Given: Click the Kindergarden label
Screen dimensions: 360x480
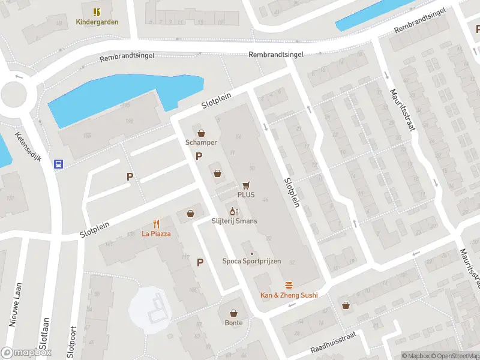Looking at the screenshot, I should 97,22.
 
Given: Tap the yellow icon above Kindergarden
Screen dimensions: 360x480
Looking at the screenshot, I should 97,11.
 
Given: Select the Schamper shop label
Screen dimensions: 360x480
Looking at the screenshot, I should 201,143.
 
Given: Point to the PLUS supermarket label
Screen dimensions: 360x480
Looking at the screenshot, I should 246,195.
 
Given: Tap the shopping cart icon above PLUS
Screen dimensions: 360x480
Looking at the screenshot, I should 246,185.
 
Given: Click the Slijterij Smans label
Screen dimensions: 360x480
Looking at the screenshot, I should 234,221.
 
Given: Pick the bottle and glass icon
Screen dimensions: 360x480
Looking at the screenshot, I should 234,211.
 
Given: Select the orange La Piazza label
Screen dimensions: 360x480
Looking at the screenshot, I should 156,233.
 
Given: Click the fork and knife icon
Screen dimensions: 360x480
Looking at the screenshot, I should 156,223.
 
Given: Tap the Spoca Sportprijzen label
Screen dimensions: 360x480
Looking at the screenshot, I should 251,261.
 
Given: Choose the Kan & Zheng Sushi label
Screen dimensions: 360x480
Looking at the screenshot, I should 289,295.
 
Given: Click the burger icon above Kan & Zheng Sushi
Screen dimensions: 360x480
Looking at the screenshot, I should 289,285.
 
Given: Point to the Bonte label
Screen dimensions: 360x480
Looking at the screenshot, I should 234,323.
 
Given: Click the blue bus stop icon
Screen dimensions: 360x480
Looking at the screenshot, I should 59,164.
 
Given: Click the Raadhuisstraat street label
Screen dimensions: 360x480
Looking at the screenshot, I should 333,346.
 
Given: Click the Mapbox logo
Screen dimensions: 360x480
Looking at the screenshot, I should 26,353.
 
